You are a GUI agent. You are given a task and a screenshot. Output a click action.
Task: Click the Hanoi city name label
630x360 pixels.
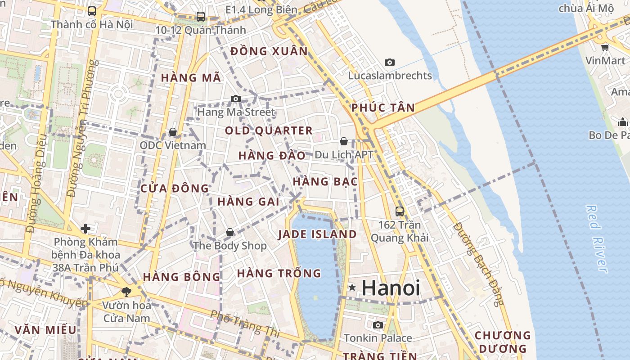[x=391, y=288]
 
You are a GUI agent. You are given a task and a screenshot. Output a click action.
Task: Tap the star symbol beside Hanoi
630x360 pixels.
[x=352, y=287]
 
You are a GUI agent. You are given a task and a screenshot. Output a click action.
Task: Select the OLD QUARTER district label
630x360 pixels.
[x=269, y=131]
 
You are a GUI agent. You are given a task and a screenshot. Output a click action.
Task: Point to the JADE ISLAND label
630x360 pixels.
[x=317, y=234]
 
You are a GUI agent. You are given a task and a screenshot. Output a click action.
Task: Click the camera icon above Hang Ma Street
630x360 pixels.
[x=235, y=99]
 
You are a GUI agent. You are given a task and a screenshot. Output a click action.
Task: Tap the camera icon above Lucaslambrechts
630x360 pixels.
[x=390, y=62]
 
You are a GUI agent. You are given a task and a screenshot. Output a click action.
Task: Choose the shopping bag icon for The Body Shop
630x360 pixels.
[x=230, y=232]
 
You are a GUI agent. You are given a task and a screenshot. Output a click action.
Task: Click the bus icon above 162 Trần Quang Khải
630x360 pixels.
[x=399, y=211]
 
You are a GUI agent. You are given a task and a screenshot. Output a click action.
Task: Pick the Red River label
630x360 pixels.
[x=597, y=238]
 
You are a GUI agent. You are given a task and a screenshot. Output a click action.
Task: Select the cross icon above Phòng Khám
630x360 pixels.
[x=85, y=229]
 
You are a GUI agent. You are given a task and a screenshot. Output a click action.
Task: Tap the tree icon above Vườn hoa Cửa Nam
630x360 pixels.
[x=126, y=292]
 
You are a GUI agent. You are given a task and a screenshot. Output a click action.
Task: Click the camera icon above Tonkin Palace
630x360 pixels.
[x=378, y=325]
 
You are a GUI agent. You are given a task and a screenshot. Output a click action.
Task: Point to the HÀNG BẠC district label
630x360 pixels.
[x=325, y=182]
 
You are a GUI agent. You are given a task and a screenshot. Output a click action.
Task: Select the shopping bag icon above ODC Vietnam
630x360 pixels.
[x=172, y=132]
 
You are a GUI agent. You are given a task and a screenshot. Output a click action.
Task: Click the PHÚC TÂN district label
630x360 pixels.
[x=383, y=108]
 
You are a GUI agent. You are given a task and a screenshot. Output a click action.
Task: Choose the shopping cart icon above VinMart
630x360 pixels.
[x=605, y=47]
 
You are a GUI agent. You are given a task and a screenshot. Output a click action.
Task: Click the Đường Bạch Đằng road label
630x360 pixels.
[x=479, y=264]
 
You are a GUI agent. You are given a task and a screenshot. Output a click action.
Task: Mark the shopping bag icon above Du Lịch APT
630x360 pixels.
[x=344, y=141]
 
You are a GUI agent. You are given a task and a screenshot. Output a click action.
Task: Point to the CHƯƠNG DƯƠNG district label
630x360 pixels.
[x=503, y=342]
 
